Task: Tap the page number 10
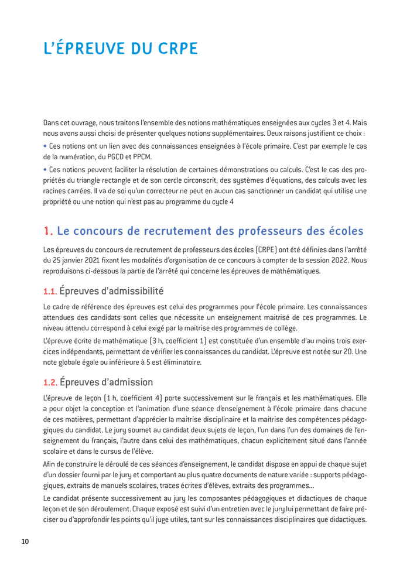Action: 25,541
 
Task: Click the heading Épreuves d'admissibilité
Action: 111,291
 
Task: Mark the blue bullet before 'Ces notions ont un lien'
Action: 45,146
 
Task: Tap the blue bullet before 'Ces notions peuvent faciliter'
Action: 45,169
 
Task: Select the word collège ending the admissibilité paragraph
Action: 282,329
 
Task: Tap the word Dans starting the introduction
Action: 52,122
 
